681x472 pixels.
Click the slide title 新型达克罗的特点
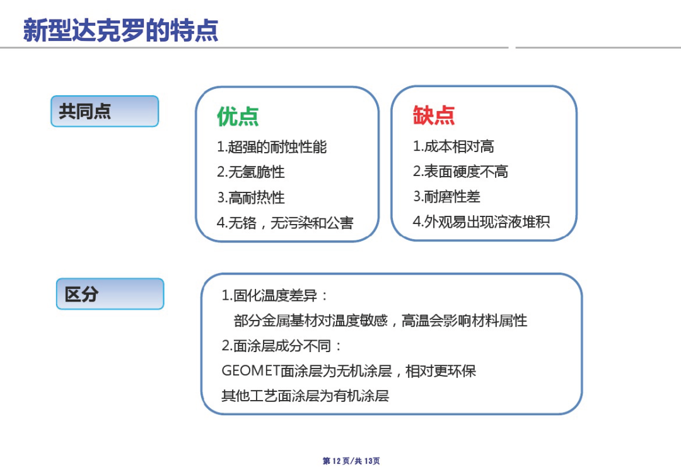click(120, 30)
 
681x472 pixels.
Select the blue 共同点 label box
click(105, 111)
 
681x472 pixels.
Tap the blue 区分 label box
click(110, 294)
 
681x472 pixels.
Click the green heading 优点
click(238, 116)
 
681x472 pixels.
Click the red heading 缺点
click(433, 115)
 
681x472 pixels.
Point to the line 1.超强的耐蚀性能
click(272, 147)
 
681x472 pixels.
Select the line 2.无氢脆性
click(251, 172)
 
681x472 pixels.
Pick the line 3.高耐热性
click(251, 198)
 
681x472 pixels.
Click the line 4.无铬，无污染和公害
click(285, 223)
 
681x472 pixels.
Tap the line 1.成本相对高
click(453, 146)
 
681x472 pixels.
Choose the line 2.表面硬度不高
click(460, 171)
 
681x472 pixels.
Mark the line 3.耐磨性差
click(446, 196)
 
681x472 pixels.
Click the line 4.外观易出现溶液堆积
click(481, 221)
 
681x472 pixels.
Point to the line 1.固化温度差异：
click(274, 295)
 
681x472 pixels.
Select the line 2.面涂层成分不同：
click(281, 346)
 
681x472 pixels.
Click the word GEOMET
click(250, 371)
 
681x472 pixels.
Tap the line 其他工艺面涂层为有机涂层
click(305, 396)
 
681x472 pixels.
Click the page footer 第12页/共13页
click(351, 461)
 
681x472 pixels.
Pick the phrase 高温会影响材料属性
click(464, 321)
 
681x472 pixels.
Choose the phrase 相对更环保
click(441, 371)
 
